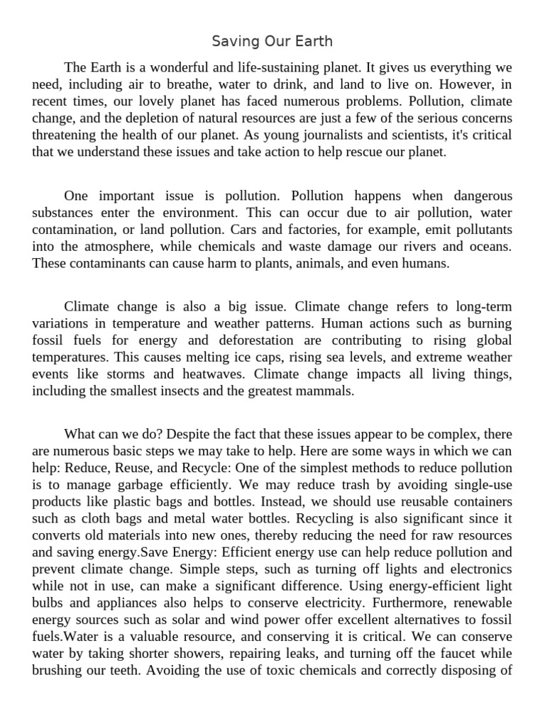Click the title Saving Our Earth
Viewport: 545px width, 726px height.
(272, 41)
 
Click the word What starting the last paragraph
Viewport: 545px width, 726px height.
(80, 433)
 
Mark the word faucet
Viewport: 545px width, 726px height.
(452, 654)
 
